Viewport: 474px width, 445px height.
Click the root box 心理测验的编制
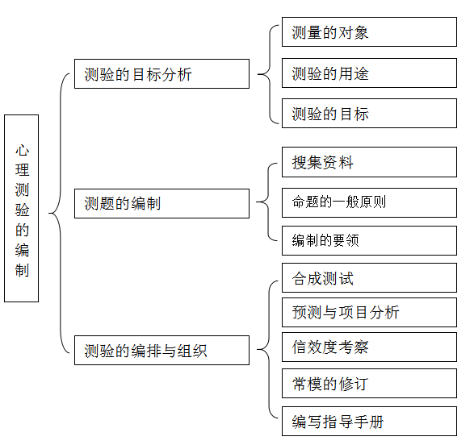(22, 208)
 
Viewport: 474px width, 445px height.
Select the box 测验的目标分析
(161, 73)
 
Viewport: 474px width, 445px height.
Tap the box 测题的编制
(161, 203)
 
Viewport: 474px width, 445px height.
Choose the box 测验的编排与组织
(161, 350)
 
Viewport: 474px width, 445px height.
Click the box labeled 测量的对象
(369, 32)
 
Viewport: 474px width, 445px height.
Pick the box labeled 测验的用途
(369, 73)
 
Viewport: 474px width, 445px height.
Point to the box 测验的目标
(369, 113)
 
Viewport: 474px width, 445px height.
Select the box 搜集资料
(369, 162)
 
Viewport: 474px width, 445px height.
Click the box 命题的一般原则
(369, 202)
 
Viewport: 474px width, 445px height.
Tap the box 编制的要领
(369, 240)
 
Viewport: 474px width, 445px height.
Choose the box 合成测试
(369, 277)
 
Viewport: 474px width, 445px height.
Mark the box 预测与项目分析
(369, 312)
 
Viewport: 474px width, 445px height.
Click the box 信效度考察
(369, 347)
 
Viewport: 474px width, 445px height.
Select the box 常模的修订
(369, 383)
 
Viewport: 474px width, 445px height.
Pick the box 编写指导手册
(369, 421)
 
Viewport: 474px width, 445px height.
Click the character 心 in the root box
(22, 150)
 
